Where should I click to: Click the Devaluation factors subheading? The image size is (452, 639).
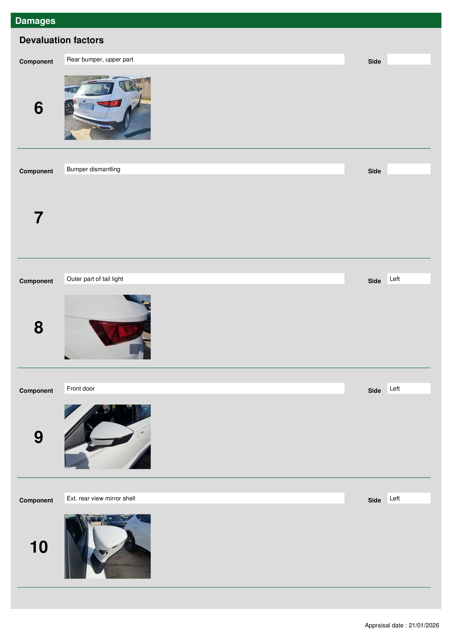(x=62, y=40)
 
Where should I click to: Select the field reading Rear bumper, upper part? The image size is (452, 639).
(x=204, y=59)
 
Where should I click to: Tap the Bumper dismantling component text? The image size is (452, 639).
(x=93, y=169)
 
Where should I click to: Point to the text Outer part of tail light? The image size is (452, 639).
(x=95, y=279)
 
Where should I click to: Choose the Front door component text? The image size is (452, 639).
(x=81, y=389)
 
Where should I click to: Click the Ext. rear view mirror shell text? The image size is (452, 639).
(x=101, y=498)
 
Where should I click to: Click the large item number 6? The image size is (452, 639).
(x=39, y=108)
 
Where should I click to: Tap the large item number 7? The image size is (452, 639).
(x=39, y=218)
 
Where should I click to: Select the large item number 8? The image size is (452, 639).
(x=39, y=327)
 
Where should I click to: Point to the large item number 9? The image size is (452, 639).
(x=39, y=437)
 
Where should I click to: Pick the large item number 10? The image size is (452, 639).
(x=39, y=547)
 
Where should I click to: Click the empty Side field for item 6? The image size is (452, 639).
(x=409, y=59)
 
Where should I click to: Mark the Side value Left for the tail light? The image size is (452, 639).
(x=395, y=279)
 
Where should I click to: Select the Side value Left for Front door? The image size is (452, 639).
(x=395, y=389)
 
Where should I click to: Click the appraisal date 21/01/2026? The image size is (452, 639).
(x=424, y=625)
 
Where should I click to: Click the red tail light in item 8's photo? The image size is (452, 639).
(x=117, y=331)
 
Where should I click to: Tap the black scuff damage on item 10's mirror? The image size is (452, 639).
(x=103, y=552)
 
